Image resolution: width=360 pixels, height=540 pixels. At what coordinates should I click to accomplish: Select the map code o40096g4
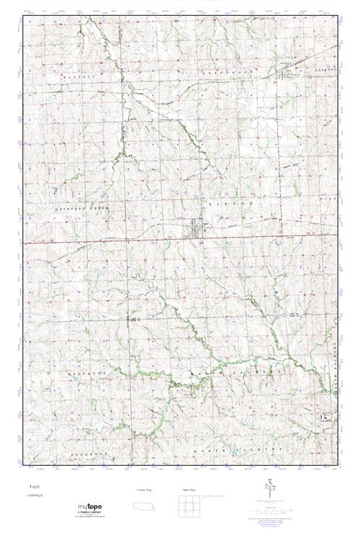coord(34,496)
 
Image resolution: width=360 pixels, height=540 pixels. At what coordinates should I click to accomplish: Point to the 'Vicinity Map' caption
coord(144,490)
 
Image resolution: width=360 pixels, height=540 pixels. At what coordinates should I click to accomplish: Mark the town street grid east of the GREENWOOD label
coord(288,71)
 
